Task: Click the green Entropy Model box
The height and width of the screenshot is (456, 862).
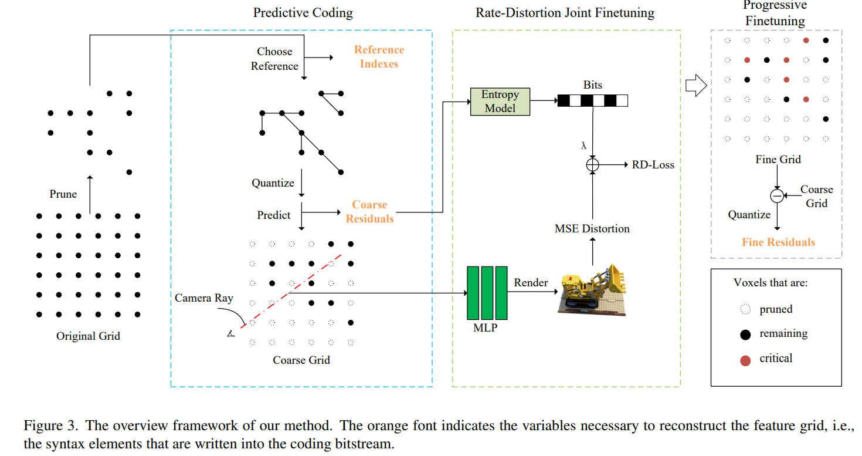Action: pyautogui.click(x=500, y=102)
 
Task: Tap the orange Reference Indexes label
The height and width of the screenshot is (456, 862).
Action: pyautogui.click(x=379, y=57)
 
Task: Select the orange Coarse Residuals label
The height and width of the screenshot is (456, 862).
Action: pyautogui.click(x=369, y=212)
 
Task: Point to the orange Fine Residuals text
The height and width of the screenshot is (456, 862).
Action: pyautogui.click(x=778, y=242)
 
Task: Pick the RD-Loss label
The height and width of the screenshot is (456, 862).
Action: pyautogui.click(x=653, y=165)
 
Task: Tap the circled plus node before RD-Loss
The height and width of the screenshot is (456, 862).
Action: pyautogui.click(x=593, y=165)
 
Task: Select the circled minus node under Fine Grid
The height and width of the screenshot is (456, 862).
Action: pyautogui.click(x=777, y=195)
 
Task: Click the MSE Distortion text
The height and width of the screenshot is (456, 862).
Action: pyautogui.click(x=592, y=229)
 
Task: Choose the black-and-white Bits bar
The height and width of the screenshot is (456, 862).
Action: pyautogui.click(x=592, y=101)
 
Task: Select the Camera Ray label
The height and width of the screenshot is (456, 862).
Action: pyautogui.click(x=203, y=298)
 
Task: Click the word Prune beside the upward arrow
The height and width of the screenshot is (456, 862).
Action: pyautogui.click(x=63, y=194)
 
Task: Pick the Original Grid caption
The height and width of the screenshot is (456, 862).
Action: pyautogui.click(x=88, y=336)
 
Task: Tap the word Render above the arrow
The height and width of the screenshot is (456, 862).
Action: pyautogui.click(x=531, y=282)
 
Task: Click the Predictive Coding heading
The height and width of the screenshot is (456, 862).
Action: pyautogui.click(x=303, y=12)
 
